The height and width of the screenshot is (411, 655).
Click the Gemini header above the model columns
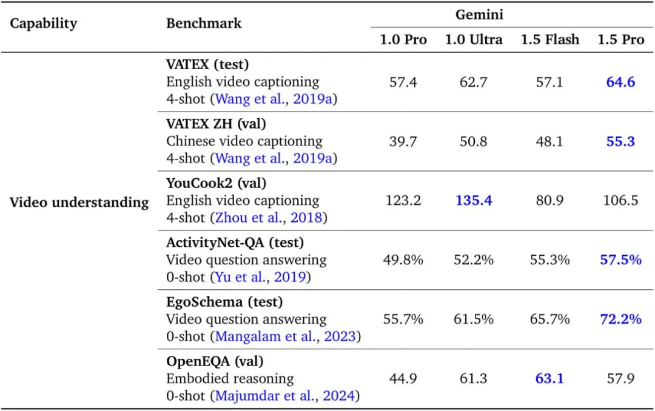coord(479,15)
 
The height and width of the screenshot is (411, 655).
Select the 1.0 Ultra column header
coord(474,40)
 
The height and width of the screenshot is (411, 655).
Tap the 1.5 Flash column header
coord(549,40)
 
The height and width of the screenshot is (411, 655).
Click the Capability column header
coord(44,24)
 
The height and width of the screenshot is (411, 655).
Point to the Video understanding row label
coord(79,202)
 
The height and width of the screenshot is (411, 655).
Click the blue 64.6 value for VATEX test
coord(620,82)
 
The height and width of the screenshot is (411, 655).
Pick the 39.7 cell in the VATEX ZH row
coord(403,141)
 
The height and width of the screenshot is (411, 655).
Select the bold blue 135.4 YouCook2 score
coord(474,201)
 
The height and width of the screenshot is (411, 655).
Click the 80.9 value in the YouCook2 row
coord(549,201)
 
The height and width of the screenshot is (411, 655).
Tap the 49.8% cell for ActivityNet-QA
coord(403,260)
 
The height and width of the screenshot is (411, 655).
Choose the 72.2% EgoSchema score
coord(620,319)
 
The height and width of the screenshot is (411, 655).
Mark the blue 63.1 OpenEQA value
coord(549,379)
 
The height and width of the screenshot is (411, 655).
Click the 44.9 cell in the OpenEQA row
coord(403,379)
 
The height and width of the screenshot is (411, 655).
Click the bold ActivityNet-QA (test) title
coord(235,242)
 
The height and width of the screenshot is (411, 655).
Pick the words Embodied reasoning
coord(230,379)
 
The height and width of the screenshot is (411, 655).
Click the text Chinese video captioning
coord(244,141)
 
